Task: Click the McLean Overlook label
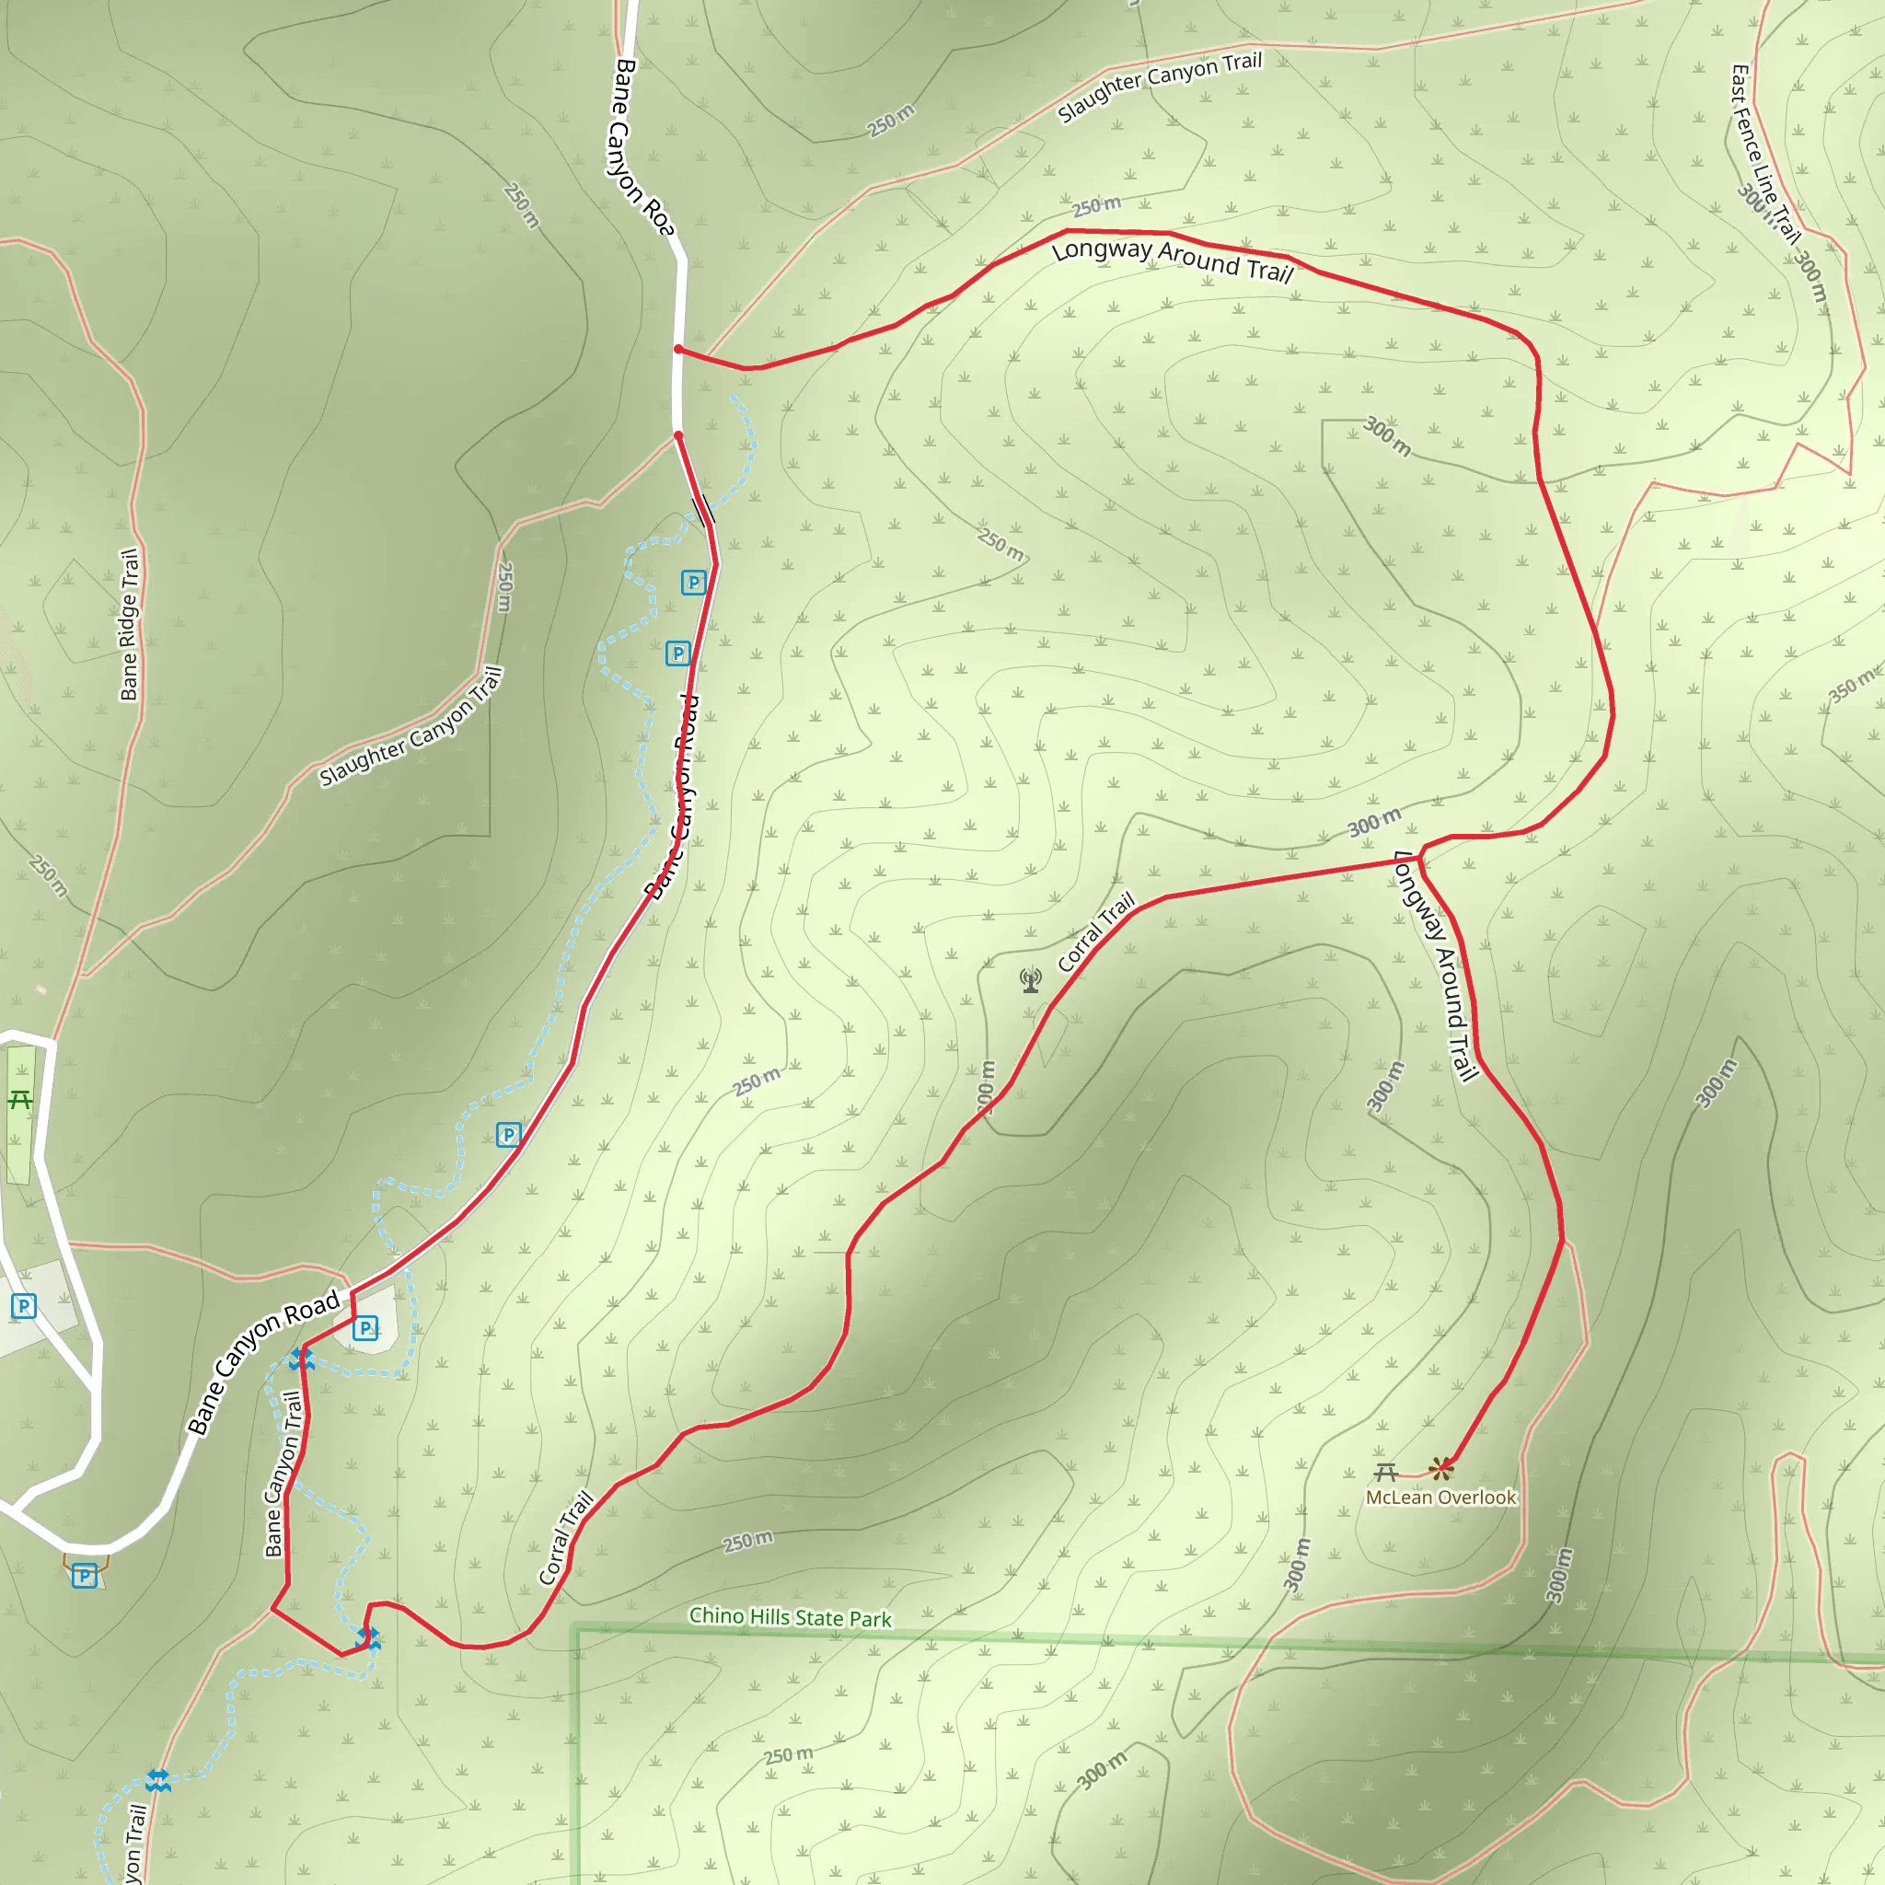(x=1440, y=1498)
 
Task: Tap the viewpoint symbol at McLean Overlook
(x=1440, y=1467)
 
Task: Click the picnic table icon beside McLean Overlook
(x=1385, y=1472)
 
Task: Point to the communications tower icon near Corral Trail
(x=1030, y=979)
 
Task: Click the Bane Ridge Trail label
(x=129, y=624)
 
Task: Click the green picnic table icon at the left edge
(x=19, y=1101)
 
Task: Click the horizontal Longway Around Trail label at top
(x=1172, y=260)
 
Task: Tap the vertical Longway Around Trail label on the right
(x=1436, y=966)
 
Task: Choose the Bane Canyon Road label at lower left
(x=262, y=1364)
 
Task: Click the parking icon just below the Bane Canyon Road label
(x=364, y=1328)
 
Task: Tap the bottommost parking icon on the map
(x=84, y=1576)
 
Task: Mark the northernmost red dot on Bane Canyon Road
(x=678, y=349)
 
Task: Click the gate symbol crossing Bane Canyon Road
(x=702, y=509)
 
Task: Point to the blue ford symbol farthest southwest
(x=158, y=1782)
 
